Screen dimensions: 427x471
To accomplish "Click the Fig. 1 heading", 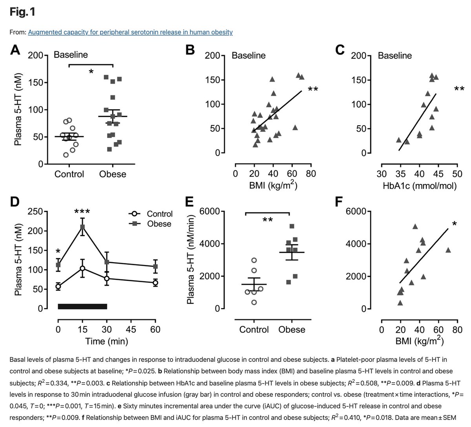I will (22, 12).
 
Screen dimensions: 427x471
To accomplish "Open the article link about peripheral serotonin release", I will (130, 32).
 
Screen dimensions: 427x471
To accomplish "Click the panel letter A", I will (15, 50).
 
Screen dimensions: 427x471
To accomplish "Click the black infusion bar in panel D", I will (82, 306).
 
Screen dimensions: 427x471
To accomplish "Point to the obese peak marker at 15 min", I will (82, 227).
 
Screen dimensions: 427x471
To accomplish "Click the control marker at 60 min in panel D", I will (155, 283).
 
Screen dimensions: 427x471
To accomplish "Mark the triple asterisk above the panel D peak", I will (82, 212).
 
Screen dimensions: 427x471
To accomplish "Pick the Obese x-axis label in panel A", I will (113, 174).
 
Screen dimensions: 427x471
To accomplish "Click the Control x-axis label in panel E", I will (254, 329).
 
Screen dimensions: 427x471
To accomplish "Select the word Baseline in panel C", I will (395, 55).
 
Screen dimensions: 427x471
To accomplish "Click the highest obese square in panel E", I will (292, 226).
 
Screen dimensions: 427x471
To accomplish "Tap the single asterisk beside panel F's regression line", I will (454, 224).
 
